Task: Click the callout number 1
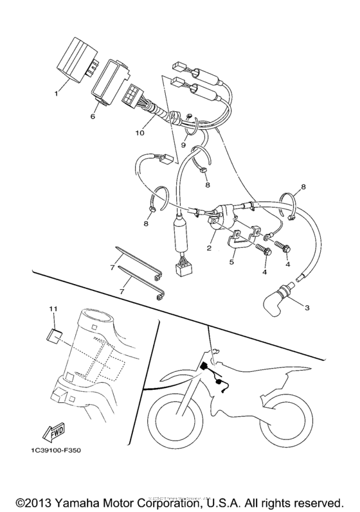pos(56,93)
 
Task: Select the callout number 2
pos(210,247)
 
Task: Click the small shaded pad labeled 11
pos(55,334)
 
